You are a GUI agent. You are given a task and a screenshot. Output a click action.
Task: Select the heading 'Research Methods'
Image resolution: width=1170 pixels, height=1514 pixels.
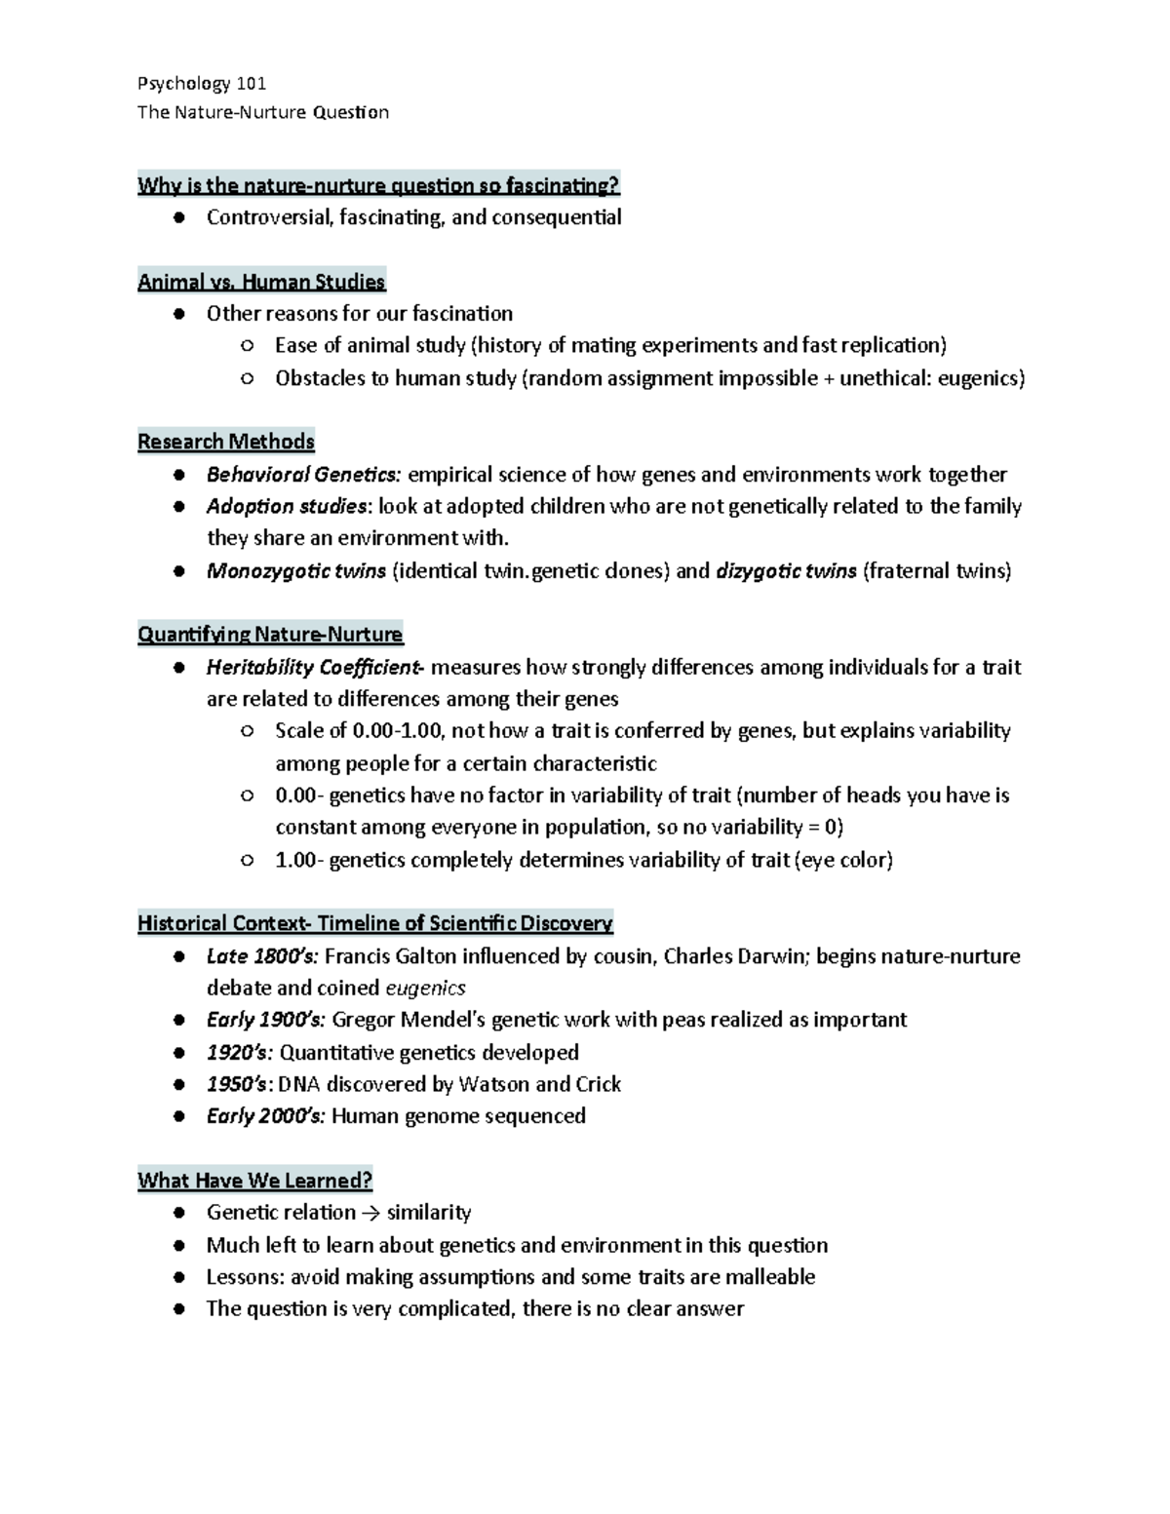click(x=226, y=442)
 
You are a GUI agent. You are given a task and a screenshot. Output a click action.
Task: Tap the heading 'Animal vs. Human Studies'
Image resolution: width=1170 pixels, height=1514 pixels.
click(x=261, y=282)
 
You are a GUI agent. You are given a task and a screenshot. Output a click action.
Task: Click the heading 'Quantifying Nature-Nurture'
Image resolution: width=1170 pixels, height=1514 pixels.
click(x=270, y=635)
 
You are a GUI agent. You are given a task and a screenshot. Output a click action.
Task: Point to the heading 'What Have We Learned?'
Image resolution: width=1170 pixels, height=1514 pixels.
click(x=254, y=1181)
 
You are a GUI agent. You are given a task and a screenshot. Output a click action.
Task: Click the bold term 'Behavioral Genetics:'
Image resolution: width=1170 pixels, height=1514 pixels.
click(x=303, y=475)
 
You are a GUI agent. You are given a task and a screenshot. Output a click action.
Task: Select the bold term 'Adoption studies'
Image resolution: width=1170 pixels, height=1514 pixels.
click(x=288, y=506)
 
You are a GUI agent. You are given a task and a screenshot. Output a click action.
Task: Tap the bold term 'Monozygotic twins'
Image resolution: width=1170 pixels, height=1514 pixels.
click(x=296, y=571)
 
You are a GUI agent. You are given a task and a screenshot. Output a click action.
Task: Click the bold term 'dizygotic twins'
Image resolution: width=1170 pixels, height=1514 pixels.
click(x=786, y=571)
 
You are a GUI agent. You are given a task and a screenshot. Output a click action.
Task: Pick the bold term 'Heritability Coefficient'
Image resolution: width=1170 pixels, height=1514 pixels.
click(x=314, y=668)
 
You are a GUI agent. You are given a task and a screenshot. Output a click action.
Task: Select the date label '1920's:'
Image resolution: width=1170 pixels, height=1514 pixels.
click(x=240, y=1053)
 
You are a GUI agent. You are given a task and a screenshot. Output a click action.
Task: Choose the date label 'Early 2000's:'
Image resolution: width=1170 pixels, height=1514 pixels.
click(x=265, y=1116)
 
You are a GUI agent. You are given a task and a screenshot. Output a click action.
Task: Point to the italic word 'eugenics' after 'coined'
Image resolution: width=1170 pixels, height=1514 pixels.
click(x=426, y=989)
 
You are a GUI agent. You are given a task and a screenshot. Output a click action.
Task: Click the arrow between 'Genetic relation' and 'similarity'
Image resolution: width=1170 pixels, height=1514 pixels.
click(x=371, y=1213)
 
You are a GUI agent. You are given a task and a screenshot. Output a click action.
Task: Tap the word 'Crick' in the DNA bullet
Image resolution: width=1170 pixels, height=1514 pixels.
click(x=598, y=1084)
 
